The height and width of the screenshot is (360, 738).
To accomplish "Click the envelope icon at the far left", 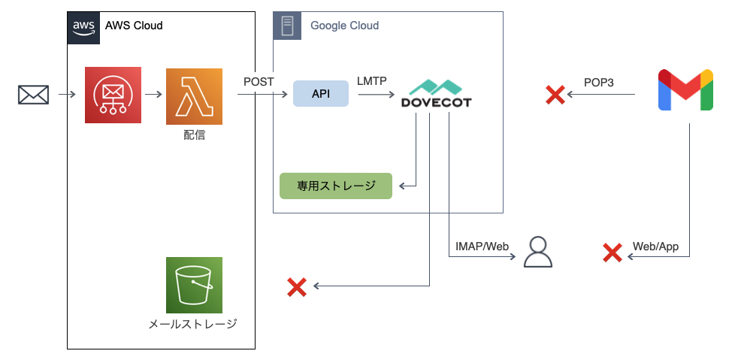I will (x=34, y=95).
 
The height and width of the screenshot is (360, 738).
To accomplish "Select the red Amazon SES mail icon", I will (x=113, y=95).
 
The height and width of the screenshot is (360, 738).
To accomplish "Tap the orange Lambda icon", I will (x=194, y=95).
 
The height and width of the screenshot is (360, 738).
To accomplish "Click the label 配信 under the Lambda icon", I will (x=194, y=136).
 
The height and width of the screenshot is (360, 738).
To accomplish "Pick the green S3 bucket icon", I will (x=194, y=285).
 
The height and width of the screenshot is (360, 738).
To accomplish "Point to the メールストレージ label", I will (x=193, y=325).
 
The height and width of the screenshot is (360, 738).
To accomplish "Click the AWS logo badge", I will (x=83, y=26).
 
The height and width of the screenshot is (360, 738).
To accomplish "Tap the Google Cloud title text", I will (x=344, y=26).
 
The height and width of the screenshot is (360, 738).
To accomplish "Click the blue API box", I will (x=321, y=94).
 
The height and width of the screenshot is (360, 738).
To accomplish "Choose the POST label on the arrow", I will (x=259, y=81).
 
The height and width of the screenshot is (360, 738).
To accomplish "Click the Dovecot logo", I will (x=436, y=94).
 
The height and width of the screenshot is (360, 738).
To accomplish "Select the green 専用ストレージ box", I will (x=336, y=186).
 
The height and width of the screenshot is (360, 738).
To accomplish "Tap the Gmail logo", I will (x=685, y=90).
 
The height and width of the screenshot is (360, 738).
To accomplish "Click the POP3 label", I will (x=599, y=82).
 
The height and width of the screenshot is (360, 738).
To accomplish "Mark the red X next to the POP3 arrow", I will (x=555, y=95).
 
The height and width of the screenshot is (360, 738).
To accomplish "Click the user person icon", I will (x=537, y=253).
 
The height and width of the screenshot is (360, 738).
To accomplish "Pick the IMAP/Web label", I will (x=482, y=246).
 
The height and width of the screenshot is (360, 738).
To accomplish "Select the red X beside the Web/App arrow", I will (x=612, y=253).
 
